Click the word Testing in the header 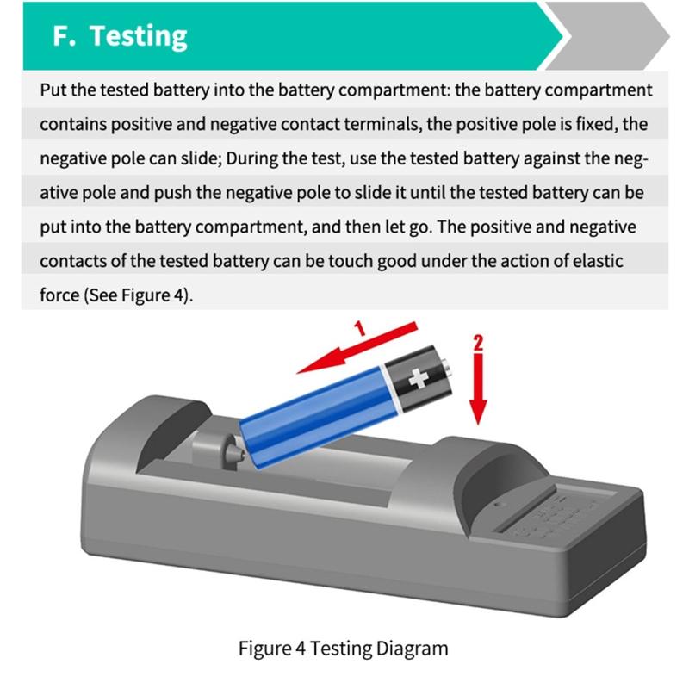(x=139, y=35)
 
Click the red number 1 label (x=361, y=328)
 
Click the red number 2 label (x=479, y=341)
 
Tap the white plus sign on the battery (x=419, y=377)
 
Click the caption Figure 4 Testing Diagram (x=344, y=648)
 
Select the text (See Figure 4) (x=139, y=295)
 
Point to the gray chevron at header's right (x=616, y=36)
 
